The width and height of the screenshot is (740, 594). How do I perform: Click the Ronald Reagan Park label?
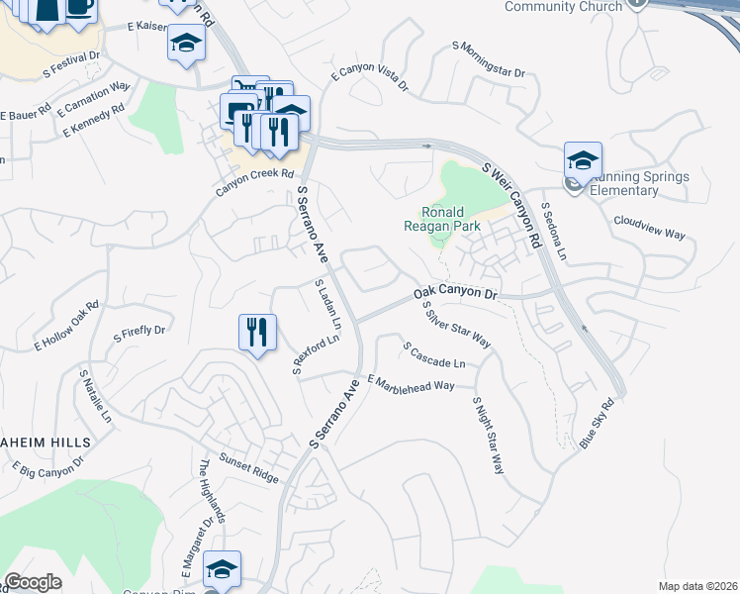(451, 219)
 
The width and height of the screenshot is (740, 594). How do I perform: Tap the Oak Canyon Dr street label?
(454, 293)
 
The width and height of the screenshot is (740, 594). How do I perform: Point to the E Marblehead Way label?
(411, 383)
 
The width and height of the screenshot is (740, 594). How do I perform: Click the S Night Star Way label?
(489, 435)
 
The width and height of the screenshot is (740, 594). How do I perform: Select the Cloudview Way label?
(649, 227)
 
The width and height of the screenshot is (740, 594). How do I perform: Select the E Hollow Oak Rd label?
(67, 326)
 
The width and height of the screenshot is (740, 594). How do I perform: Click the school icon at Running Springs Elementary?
(584, 160)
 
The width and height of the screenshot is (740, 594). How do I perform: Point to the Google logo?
(33, 582)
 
